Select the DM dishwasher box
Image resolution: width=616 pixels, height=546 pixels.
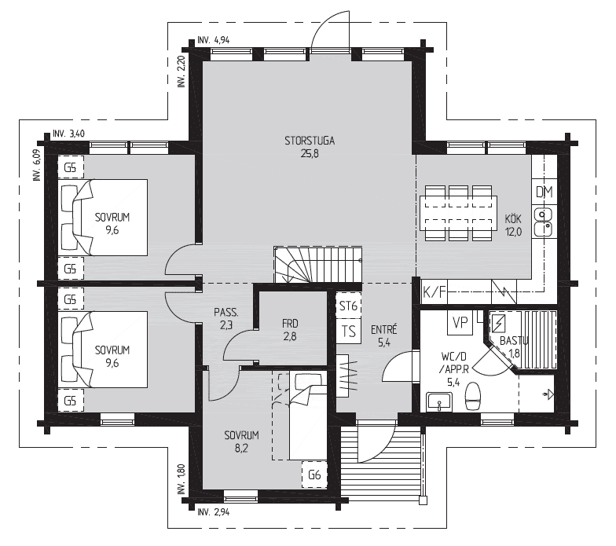coord(544,192)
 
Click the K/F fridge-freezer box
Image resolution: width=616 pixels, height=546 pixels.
coord(434,292)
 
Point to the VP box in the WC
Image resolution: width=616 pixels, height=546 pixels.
coord(460,323)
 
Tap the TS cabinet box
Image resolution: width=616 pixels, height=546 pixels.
coord(349,332)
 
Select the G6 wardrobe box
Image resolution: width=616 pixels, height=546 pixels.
coord(314,475)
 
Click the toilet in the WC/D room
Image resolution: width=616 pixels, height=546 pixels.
coord(473,397)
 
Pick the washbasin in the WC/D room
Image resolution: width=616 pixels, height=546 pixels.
coord(439,402)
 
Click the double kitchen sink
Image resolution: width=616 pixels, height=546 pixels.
coord(543,222)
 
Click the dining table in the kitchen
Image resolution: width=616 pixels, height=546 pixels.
coord(458,214)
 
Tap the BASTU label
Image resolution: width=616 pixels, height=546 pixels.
coord(514,341)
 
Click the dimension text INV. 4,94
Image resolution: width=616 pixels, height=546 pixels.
coord(214,39)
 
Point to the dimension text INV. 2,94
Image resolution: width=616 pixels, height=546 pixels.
coord(214,512)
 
